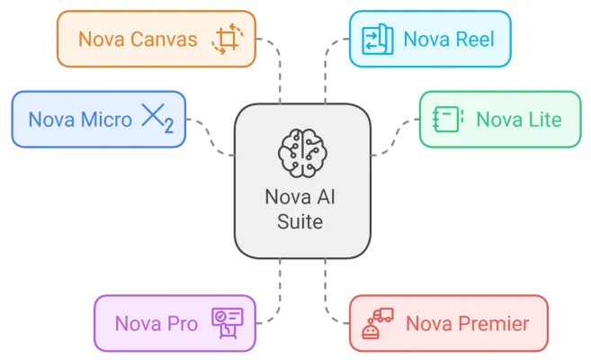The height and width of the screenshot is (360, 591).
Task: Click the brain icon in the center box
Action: click(x=302, y=150)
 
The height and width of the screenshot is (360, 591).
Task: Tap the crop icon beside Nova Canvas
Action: click(x=225, y=39)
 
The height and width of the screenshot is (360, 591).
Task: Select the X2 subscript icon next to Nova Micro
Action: click(x=157, y=119)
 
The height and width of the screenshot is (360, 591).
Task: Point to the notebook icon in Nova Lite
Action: click(x=445, y=120)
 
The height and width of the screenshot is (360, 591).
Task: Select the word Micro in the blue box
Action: click(x=105, y=119)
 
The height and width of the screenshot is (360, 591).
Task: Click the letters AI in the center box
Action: click(x=328, y=196)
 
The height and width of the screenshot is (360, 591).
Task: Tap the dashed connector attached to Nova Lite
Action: click(x=396, y=135)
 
